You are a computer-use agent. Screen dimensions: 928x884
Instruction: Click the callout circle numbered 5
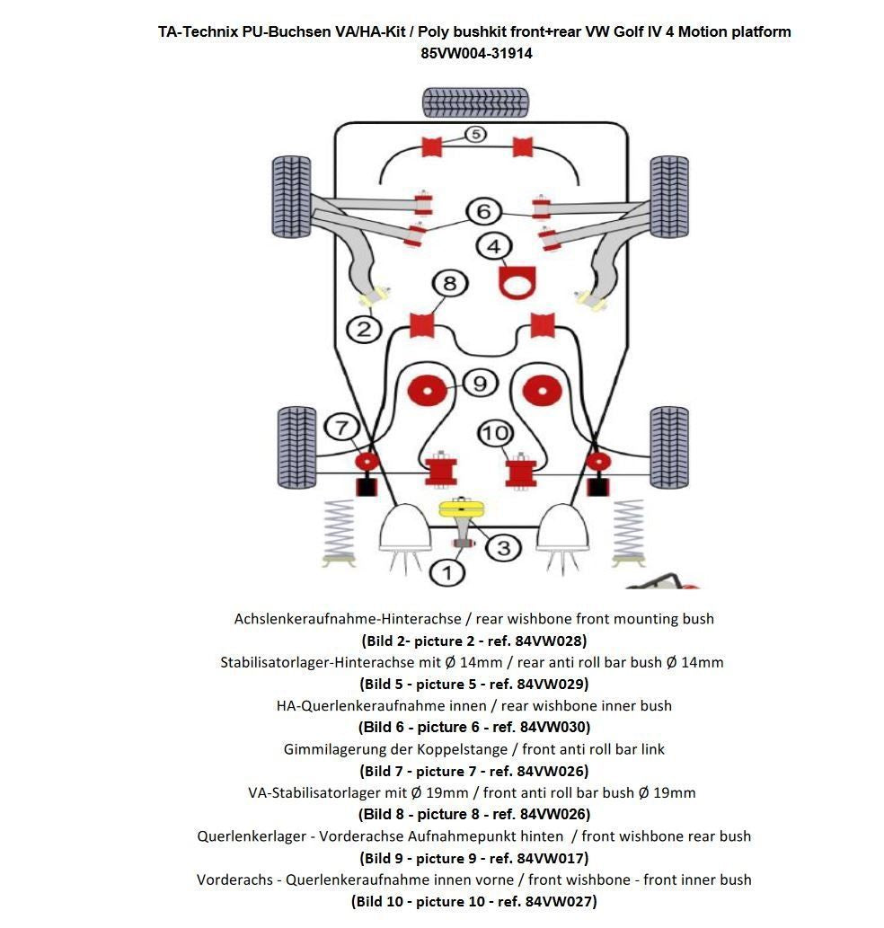pos(474,135)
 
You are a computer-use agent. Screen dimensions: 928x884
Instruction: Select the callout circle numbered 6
pos(483,212)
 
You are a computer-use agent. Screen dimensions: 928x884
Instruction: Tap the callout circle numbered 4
pos(493,246)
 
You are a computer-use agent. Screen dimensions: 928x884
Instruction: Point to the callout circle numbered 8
pos(449,284)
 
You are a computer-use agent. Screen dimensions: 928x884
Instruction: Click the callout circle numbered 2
pos(364,330)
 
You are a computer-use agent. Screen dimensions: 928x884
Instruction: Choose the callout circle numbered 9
pos(479,384)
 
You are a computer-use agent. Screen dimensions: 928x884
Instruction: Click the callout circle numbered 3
pos(503,547)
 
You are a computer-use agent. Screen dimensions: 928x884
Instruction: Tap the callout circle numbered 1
pos(447,571)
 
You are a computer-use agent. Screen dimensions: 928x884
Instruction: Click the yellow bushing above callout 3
pos(462,509)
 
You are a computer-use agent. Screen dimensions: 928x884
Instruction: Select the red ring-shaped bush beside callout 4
pos(518,283)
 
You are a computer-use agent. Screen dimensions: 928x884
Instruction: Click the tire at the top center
pos(474,102)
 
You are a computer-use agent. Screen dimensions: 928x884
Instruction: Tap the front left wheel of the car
pos(291,196)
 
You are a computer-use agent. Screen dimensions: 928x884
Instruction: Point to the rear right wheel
pos(668,446)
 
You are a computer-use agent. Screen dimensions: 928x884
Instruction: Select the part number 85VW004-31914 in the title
pos(476,54)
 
